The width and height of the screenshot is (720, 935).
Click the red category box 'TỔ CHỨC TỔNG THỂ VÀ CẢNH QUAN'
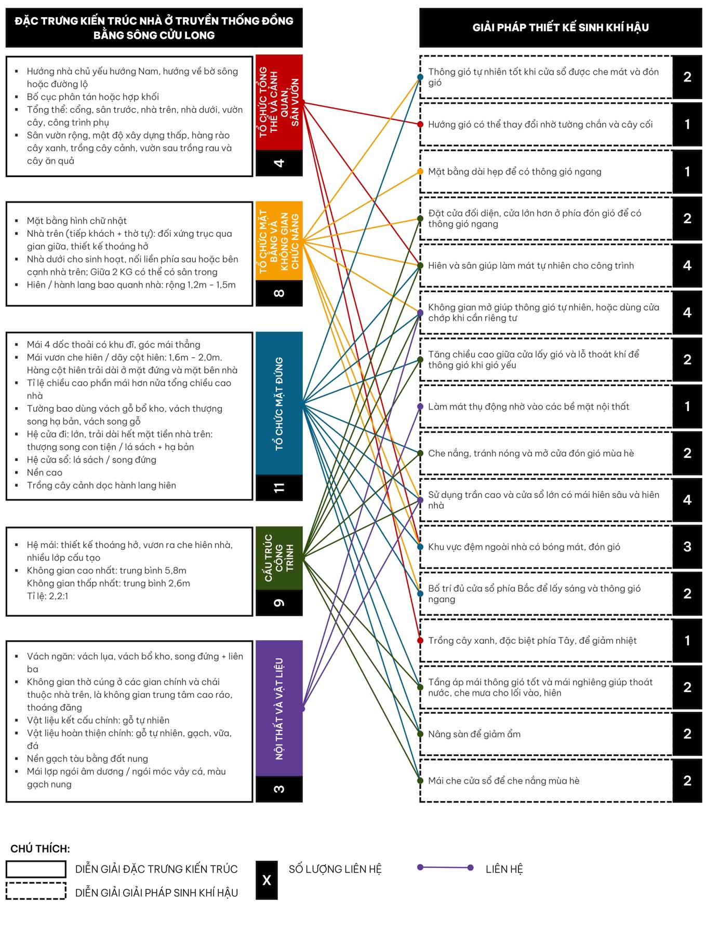279,102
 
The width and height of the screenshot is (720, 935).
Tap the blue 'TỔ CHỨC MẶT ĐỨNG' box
279,403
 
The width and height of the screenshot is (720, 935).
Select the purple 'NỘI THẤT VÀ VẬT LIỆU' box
279,708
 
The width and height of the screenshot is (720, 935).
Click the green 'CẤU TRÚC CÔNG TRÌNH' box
279,558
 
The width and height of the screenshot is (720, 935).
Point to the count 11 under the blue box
279,487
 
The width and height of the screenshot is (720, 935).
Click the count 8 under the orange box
279,293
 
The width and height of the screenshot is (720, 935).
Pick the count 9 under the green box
279,603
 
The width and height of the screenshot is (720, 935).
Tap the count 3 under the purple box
279,789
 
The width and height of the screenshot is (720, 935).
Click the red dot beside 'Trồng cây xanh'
420,640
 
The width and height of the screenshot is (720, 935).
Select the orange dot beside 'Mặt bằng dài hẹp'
420,171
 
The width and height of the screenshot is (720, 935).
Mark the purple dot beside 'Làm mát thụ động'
420,406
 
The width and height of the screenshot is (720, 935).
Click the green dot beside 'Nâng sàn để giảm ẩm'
420,734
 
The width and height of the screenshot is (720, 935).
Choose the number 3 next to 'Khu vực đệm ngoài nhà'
687,546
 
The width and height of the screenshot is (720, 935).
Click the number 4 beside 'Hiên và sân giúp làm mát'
687,265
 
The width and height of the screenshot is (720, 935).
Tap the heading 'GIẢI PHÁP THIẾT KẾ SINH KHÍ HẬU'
561,28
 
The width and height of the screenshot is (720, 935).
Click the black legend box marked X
266,880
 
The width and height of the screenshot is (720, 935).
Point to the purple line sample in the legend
445,868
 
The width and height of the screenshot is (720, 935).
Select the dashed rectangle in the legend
36,891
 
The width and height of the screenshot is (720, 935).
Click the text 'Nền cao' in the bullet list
45,472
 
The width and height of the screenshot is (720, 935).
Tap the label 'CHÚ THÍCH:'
40,849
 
